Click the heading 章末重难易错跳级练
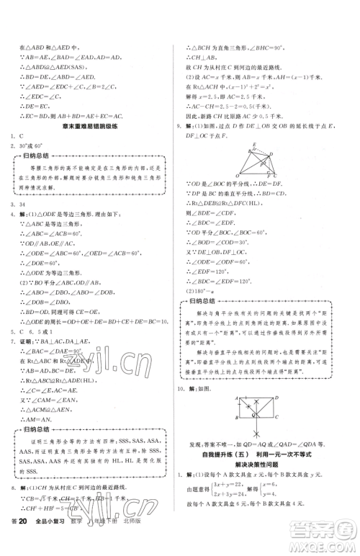(90, 106)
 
